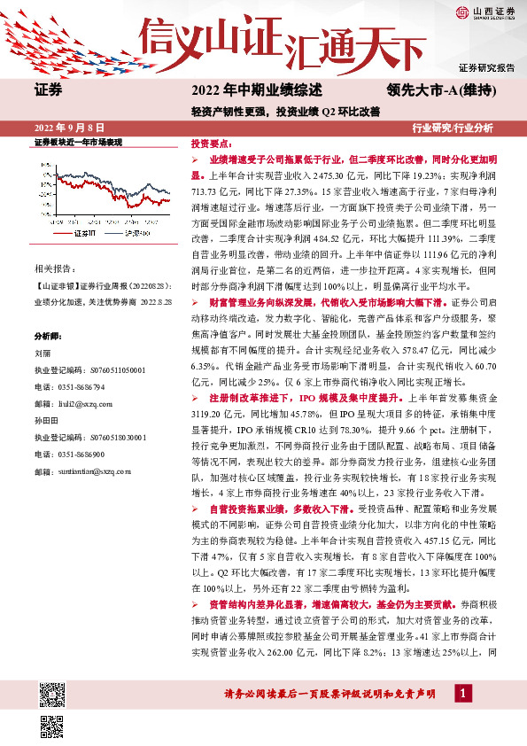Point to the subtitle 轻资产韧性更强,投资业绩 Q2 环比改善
tap(284, 113)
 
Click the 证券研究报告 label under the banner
tap(486, 67)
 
